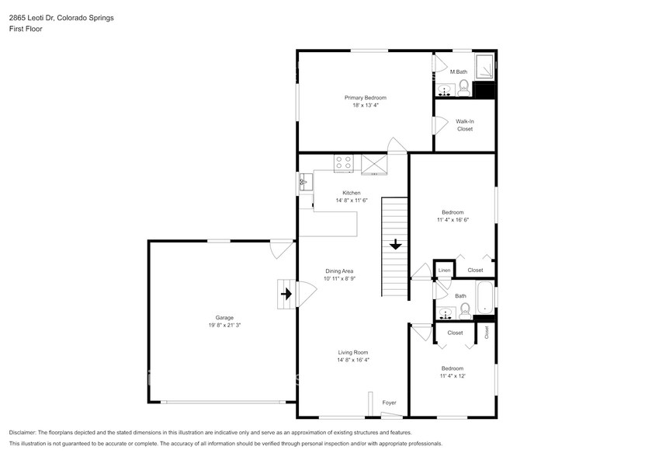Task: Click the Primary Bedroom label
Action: point(365,98)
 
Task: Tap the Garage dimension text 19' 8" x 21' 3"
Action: point(224,326)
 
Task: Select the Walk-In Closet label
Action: point(464,124)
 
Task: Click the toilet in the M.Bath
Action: point(463,86)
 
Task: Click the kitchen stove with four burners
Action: point(344,162)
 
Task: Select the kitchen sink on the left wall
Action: point(305,183)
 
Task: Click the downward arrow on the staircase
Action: point(395,245)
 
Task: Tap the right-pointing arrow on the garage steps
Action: point(286,294)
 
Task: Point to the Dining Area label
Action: point(339,270)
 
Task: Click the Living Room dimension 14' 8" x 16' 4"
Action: point(352,360)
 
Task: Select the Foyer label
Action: point(390,403)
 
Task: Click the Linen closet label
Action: point(444,270)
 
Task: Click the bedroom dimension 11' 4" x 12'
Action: point(452,376)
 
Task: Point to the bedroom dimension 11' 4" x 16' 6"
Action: point(453,220)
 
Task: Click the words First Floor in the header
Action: point(26,29)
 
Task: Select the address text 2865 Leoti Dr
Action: point(33,17)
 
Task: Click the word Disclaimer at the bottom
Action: point(25,432)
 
